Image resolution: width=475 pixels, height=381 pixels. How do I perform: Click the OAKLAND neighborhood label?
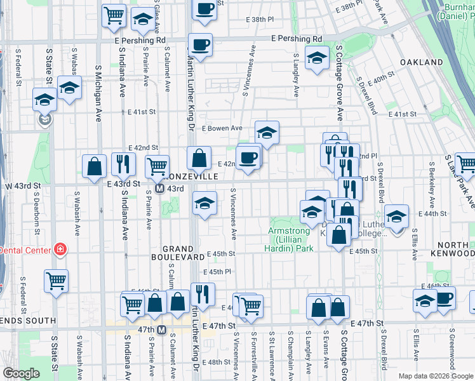tap(421, 62)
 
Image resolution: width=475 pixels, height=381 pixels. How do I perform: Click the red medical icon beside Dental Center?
tap(60, 250)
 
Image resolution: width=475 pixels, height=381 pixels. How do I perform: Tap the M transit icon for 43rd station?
tap(161, 189)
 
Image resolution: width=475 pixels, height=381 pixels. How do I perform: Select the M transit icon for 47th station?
tap(161, 330)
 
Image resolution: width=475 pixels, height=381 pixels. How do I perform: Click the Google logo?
tap(22, 373)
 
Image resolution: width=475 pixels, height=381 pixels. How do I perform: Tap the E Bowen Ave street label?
tap(222, 128)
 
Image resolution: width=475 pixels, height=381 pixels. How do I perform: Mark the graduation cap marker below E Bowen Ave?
tap(267, 133)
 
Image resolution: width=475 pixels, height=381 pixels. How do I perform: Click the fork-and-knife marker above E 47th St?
tap(203, 293)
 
